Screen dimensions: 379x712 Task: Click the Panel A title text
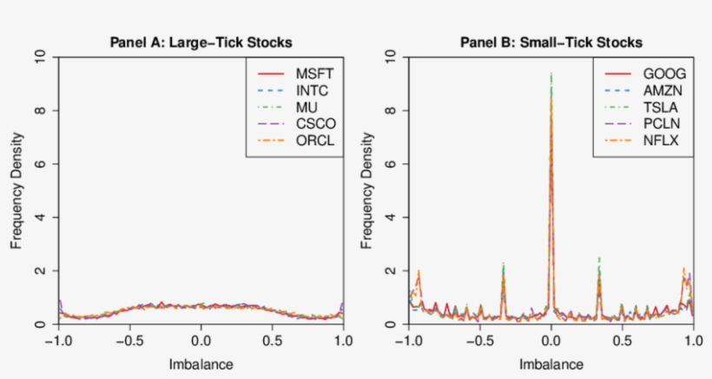click(x=201, y=42)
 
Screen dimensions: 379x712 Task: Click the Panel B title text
click(x=550, y=42)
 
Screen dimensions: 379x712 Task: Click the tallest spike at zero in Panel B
click(x=550, y=78)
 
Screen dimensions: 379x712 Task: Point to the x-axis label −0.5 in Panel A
click(x=128, y=342)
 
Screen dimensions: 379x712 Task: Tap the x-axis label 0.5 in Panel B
click(x=622, y=342)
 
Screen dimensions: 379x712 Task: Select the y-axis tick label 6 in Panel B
click(x=391, y=164)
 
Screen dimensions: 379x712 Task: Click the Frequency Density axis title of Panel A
click(x=16, y=191)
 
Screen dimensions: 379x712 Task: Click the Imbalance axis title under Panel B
click(x=550, y=364)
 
